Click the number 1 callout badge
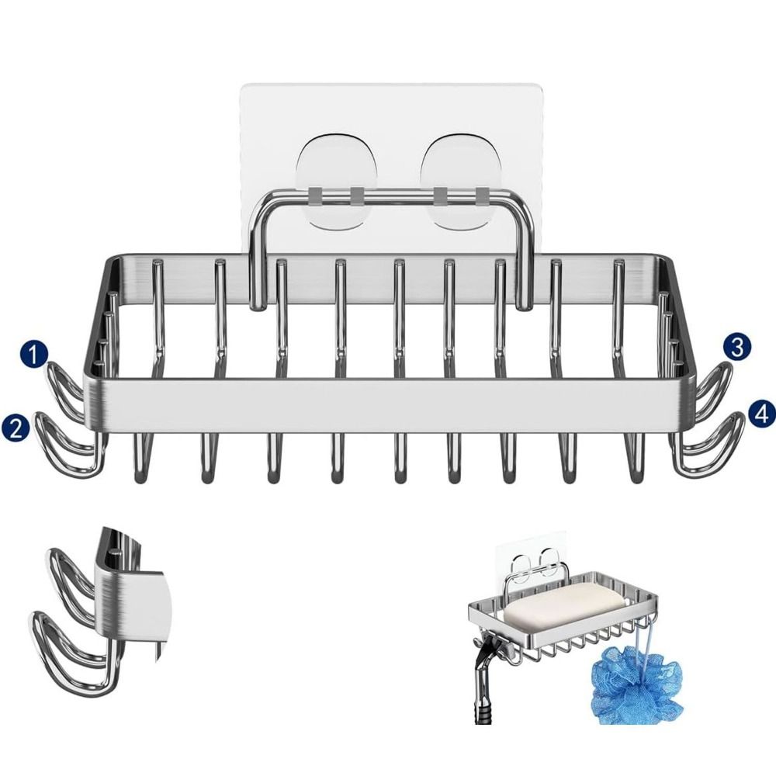(33, 355)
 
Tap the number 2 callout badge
(16, 428)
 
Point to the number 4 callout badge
(761, 414)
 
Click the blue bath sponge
(637, 688)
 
